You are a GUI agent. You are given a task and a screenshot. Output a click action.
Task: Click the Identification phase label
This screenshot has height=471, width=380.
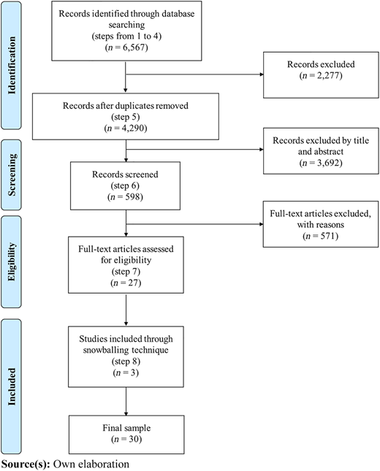pos(12,65)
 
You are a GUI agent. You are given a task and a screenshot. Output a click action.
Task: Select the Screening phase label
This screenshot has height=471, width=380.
pos(12,175)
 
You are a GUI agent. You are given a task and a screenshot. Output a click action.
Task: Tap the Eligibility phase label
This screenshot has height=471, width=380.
pos(12,261)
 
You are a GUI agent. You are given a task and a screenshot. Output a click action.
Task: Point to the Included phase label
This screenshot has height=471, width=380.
pos(12,386)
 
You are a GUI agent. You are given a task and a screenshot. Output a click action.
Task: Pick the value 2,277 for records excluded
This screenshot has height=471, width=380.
pos(328,75)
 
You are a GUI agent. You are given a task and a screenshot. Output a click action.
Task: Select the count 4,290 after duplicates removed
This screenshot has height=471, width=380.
pos(133,129)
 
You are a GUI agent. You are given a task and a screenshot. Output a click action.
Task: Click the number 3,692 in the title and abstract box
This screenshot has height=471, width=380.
pos(328,163)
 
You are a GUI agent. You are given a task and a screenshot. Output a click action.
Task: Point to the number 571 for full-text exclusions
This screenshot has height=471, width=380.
pos(328,236)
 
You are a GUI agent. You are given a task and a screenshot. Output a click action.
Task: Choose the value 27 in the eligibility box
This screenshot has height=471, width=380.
pos(132,283)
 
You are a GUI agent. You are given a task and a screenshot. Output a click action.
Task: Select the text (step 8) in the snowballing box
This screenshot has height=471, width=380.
pos(126,361)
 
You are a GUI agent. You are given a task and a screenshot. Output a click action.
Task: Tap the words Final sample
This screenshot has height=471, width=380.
pos(126,428)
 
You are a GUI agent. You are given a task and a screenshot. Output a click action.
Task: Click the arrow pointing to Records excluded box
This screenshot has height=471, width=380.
pos(194,74)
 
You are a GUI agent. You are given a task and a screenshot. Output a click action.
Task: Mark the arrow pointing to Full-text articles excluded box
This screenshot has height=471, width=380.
pos(194,224)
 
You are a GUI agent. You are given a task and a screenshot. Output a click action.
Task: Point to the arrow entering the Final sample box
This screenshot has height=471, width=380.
pos(126,402)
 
